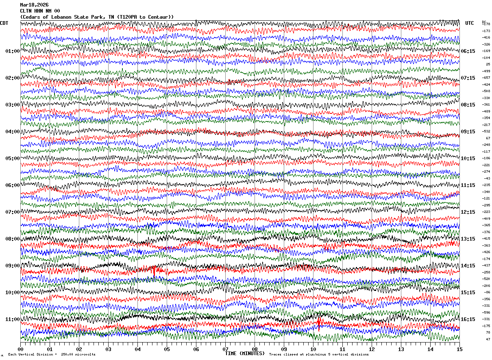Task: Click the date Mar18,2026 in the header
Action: (34, 5)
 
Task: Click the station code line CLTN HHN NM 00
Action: (40, 11)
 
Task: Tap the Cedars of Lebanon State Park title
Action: (97, 17)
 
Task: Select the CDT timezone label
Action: (4, 23)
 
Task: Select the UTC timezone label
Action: (470, 23)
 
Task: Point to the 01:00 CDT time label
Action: (13, 51)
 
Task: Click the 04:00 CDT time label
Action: (13, 132)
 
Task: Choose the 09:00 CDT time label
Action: (13, 266)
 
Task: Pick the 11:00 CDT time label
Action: (13, 319)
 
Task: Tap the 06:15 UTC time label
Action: (468, 51)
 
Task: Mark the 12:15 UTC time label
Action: (468, 212)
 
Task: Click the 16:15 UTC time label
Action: (468, 319)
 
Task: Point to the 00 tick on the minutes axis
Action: (20, 349)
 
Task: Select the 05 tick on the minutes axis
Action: (167, 349)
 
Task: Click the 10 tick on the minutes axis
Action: (313, 349)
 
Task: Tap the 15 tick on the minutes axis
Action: (459, 349)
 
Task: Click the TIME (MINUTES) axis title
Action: (245, 353)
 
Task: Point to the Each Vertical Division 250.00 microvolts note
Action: (52, 354)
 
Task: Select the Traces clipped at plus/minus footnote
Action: (319, 354)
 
